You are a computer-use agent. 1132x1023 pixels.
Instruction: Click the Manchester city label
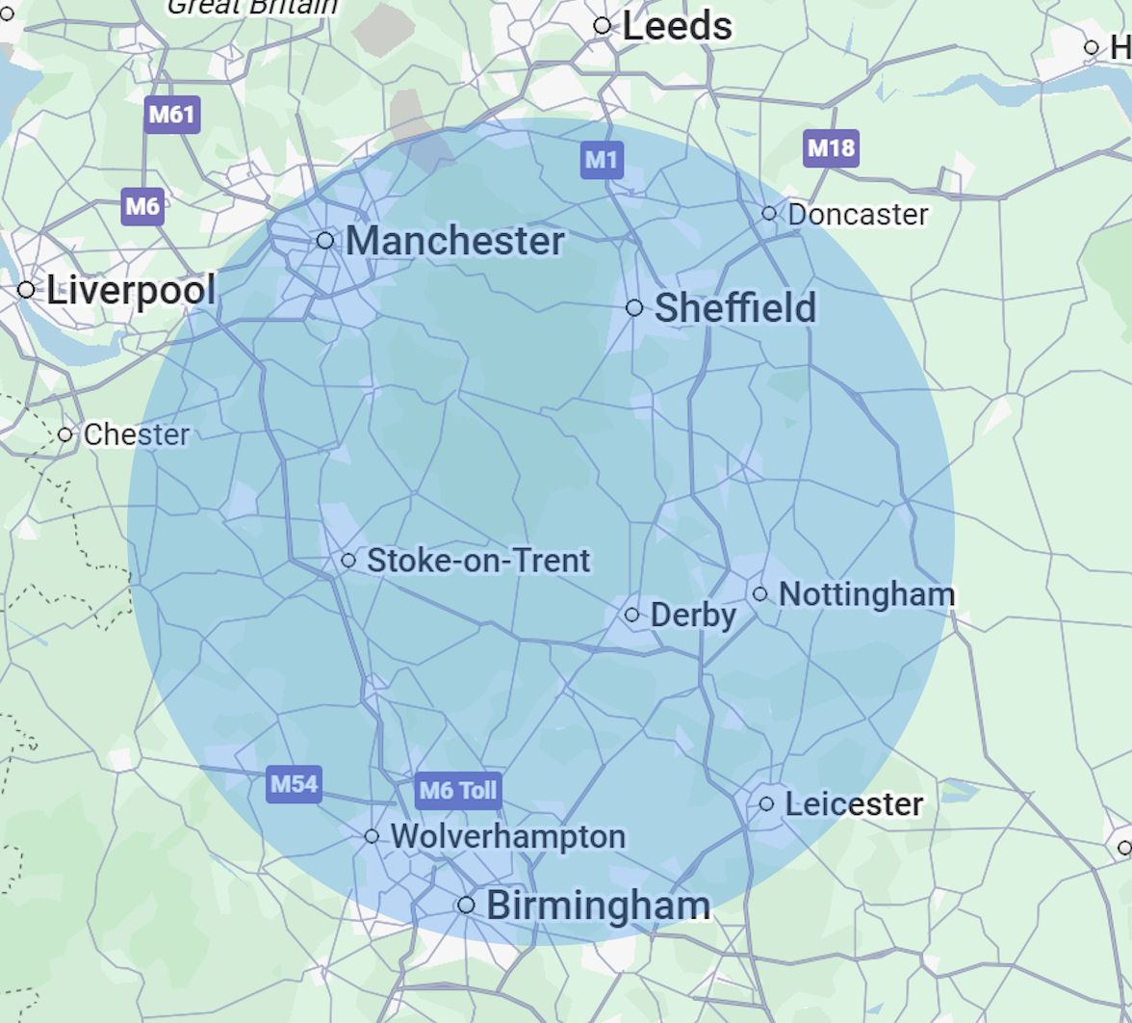454,241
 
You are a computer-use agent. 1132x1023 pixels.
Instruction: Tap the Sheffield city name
734,308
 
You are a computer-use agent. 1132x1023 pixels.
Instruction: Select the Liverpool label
131,290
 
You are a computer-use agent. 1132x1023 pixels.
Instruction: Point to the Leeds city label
677,26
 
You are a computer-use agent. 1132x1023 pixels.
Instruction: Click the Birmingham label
598,905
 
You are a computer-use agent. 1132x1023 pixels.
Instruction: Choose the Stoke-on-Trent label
478,561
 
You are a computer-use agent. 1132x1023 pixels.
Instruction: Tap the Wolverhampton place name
507,836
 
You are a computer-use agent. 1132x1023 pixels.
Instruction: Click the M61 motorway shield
171,116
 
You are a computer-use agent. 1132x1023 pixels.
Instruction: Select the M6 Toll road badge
458,792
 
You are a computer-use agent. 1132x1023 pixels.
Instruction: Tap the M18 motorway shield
830,148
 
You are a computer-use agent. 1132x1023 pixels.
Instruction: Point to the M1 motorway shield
602,160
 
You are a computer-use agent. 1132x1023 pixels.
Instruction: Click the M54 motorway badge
294,784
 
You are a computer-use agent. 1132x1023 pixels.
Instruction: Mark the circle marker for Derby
632,615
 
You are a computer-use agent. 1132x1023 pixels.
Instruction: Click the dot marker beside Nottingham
760,594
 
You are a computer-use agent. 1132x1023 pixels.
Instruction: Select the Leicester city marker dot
766,803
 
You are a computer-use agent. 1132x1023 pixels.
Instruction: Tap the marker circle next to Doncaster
769,213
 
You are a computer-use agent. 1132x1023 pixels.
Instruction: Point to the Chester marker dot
65,434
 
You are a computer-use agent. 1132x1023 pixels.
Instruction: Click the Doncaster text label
858,214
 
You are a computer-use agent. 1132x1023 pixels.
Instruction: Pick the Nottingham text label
866,594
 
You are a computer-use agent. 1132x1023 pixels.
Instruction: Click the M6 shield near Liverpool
142,206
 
